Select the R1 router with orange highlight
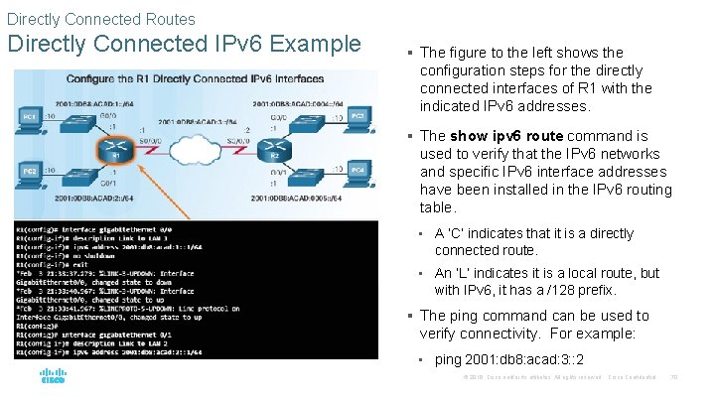tap(116, 148)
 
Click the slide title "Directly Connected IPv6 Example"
tap(184, 45)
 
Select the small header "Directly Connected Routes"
tap(100, 18)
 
